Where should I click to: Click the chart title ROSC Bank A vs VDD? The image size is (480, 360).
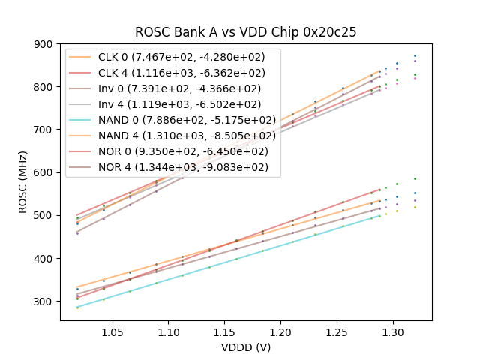point(245,32)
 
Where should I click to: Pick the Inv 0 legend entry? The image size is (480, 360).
point(180,88)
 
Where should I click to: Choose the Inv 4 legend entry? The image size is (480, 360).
point(180,104)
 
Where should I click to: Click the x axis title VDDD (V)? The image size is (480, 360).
point(245,347)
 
